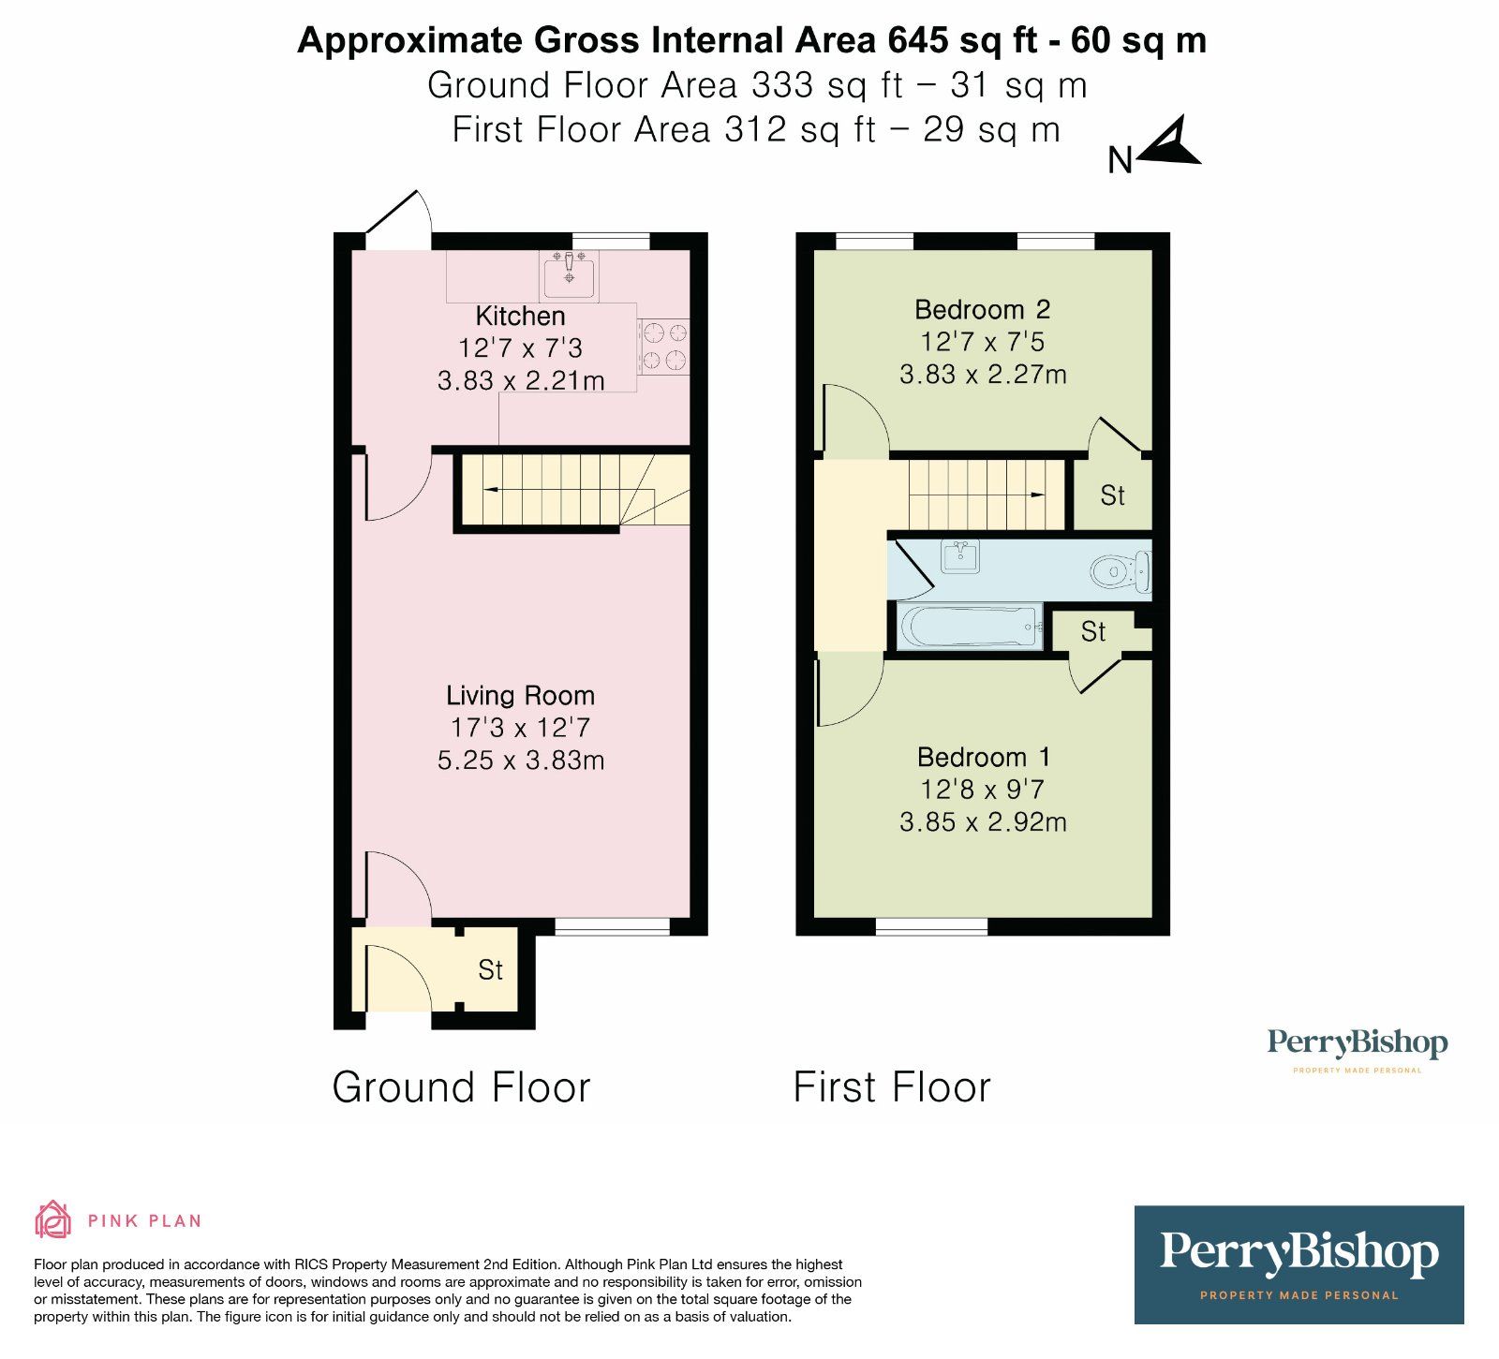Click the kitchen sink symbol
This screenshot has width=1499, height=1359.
pyautogui.click(x=569, y=275)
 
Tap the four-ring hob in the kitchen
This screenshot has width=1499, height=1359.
pyautogui.click(x=663, y=347)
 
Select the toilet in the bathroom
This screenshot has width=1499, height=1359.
pyautogui.click(x=1121, y=570)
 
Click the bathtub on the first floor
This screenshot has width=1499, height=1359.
pyautogui.click(x=970, y=626)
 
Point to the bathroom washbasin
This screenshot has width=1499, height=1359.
pyautogui.click(x=960, y=556)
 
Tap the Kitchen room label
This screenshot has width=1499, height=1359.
pyautogui.click(x=520, y=316)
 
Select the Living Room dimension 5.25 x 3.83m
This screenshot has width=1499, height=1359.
pyautogui.click(x=520, y=760)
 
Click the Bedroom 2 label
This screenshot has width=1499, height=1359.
pyautogui.click(x=982, y=309)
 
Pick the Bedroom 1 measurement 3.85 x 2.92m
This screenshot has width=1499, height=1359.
pyautogui.click(x=983, y=821)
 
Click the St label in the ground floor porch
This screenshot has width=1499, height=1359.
pyautogui.click(x=490, y=970)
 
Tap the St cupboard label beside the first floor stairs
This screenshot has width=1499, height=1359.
pyautogui.click(x=1112, y=495)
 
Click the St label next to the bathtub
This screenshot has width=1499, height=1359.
pyautogui.click(x=1093, y=632)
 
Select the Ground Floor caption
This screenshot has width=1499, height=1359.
pyautogui.click(x=461, y=1087)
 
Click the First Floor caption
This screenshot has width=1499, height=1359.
pyautogui.click(x=891, y=1087)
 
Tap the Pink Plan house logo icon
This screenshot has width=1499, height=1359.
pyautogui.click(x=52, y=1219)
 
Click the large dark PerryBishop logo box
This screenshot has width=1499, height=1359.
pyautogui.click(x=1299, y=1264)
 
